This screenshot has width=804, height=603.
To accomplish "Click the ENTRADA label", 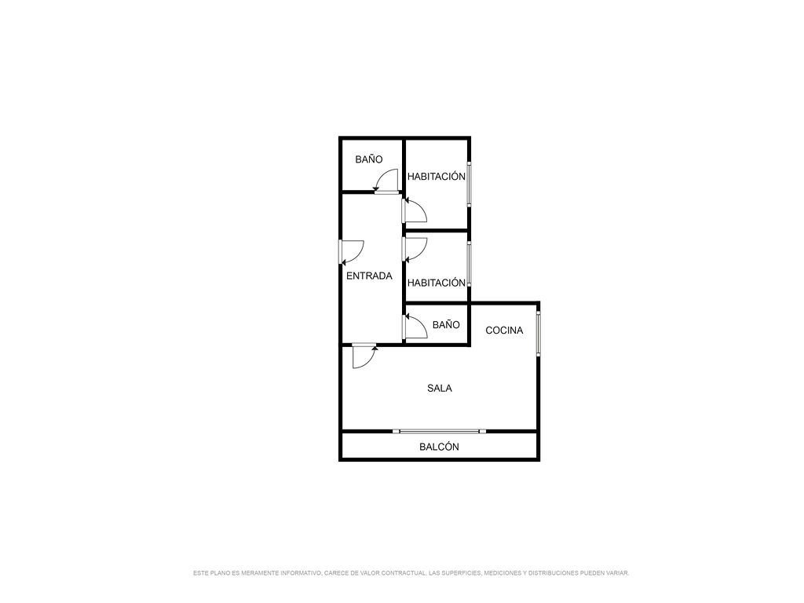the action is click(x=369, y=276).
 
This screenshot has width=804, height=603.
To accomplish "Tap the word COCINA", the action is click(x=504, y=331).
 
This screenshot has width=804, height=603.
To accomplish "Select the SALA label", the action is click(x=440, y=389).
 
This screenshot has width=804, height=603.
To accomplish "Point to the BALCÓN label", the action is click(x=439, y=447).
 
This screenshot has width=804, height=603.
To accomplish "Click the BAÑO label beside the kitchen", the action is click(x=446, y=324).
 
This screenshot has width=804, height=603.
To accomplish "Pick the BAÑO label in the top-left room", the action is click(x=369, y=159).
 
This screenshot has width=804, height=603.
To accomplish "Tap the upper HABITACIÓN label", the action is click(x=437, y=177).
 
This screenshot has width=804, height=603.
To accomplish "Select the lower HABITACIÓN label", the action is click(x=437, y=283).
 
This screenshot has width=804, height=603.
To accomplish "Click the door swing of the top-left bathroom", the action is click(x=386, y=181).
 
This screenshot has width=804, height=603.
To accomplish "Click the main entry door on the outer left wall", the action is click(x=352, y=252).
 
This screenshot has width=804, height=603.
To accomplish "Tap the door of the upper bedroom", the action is click(x=415, y=210).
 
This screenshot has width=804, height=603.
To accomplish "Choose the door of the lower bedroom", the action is click(x=415, y=250).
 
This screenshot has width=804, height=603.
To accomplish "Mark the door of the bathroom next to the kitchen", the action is click(x=415, y=327).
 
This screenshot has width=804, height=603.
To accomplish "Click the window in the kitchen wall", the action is click(x=538, y=333).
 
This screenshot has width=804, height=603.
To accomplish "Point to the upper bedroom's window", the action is click(x=469, y=184).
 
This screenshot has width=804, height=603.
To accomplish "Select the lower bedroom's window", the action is click(x=469, y=264).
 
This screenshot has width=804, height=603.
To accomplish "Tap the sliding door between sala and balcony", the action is click(x=440, y=431).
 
